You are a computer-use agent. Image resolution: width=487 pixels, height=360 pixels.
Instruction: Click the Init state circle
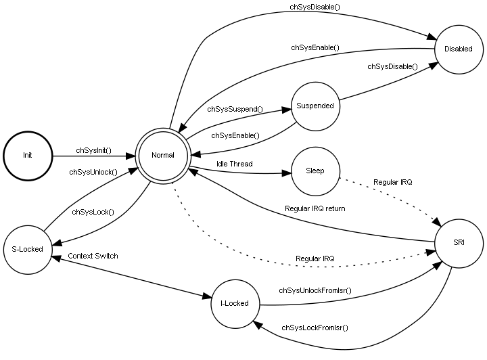tap(28, 155)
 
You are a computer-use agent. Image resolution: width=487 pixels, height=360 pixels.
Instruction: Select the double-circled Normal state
tap(163, 155)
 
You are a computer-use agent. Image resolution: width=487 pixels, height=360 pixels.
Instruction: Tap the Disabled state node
tap(458, 49)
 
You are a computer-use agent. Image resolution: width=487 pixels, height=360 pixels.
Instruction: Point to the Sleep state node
tap(315, 171)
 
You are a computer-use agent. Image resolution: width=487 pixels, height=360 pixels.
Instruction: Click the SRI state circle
tap(458, 242)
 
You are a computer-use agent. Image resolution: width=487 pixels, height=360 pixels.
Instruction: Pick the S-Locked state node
tap(28, 249)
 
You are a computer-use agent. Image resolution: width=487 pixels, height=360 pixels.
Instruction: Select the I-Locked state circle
tap(235, 303)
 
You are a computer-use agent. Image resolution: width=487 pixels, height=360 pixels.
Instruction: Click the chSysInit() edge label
tap(93, 150)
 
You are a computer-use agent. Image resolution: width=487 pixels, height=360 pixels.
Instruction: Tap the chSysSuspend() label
tap(235, 108)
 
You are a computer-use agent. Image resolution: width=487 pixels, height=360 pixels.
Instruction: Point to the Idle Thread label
tap(234, 164)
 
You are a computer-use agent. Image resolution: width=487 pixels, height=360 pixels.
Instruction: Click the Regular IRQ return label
tap(315, 208)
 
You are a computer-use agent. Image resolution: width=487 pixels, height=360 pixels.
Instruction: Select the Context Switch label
tap(93, 256)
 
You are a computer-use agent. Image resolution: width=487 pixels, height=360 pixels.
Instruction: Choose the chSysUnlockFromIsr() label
tap(315, 290)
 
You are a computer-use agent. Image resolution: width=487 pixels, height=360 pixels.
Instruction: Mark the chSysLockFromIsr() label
tap(315, 328)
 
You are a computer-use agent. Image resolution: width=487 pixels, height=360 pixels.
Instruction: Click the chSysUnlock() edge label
tap(93, 172)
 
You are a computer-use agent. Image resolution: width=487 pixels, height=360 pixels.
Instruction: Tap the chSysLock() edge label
tap(93, 212)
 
